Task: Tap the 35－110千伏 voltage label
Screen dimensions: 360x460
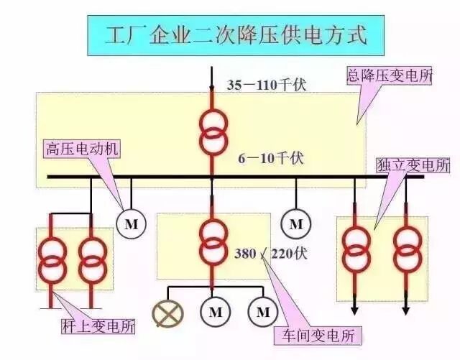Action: coord(267,85)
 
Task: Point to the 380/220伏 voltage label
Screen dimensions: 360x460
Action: coord(270,253)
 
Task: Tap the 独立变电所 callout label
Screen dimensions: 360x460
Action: coord(413,165)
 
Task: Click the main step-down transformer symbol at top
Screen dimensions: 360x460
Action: coord(213,130)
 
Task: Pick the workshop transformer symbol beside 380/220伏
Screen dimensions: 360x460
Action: coord(213,242)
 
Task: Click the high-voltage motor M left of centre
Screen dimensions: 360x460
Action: coord(131,224)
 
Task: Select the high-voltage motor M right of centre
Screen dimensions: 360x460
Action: coord(295,223)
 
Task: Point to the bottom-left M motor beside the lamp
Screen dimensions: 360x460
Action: coord(215,312)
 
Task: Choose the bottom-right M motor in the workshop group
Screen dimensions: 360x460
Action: coord(263,312)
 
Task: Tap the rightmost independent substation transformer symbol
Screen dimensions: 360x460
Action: coord(407,247)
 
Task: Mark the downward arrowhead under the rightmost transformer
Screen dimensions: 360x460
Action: coord(406,310)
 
